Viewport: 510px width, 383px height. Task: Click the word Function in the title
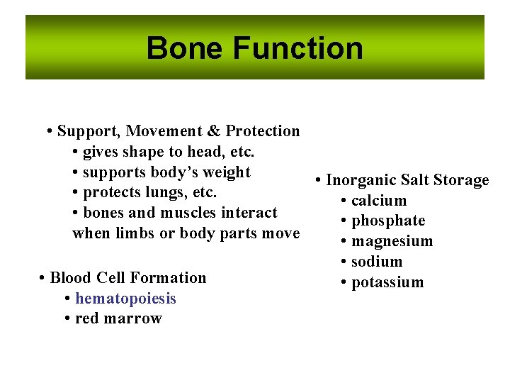(297, 48)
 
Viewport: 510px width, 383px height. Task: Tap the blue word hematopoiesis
(125, 299)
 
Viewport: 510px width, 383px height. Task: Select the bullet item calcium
(379, 201)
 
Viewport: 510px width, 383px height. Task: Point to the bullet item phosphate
(388, 221)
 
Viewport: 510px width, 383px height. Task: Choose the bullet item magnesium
(392, 241)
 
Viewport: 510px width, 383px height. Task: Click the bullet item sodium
(377, 262)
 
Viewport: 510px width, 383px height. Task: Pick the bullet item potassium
(387, 282)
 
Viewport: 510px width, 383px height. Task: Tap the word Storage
(460, 180)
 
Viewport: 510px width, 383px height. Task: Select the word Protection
(263, 131)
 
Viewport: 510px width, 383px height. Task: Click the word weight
(228, 172)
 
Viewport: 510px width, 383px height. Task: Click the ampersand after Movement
(215, 131)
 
